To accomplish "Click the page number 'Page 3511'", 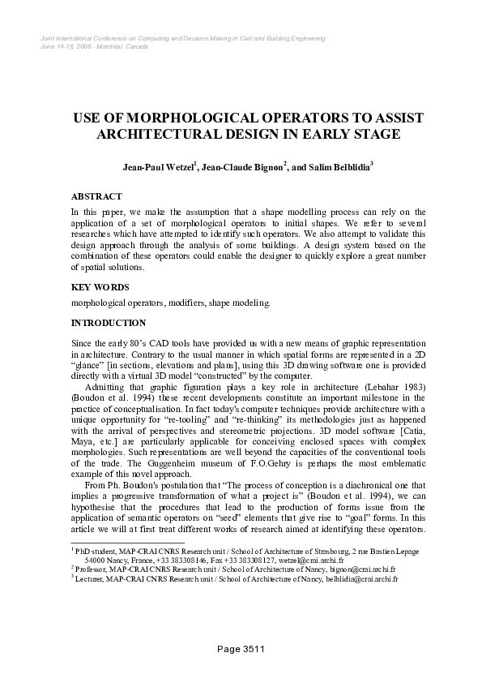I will coord(241,649).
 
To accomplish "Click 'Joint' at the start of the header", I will coord(47,38).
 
